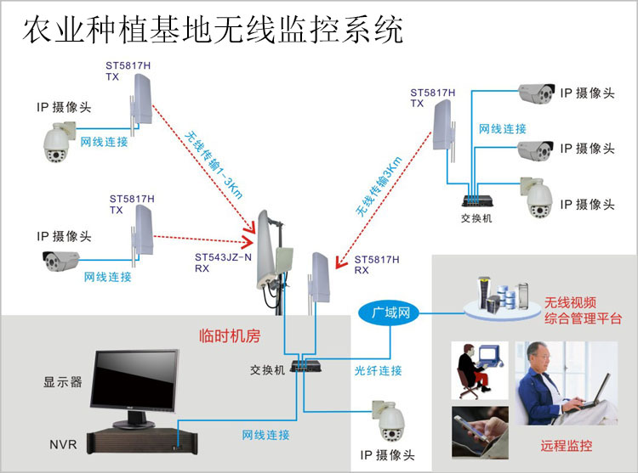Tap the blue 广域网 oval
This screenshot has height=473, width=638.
[391, 313]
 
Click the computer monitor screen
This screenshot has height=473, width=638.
[137, 378]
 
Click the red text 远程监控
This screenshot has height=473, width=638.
[566, 445]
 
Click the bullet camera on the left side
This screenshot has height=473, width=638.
[65, 261]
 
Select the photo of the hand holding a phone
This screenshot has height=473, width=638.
[480, 431]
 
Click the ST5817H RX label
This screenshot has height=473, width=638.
[374, 264]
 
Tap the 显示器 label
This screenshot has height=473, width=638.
[63, 382]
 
